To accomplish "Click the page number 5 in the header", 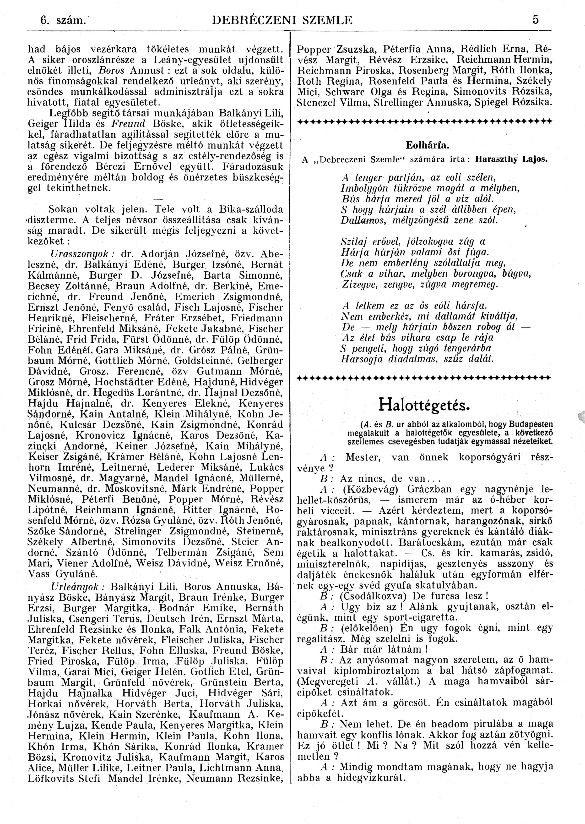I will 536,20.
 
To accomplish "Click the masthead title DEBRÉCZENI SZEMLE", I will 283,20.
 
